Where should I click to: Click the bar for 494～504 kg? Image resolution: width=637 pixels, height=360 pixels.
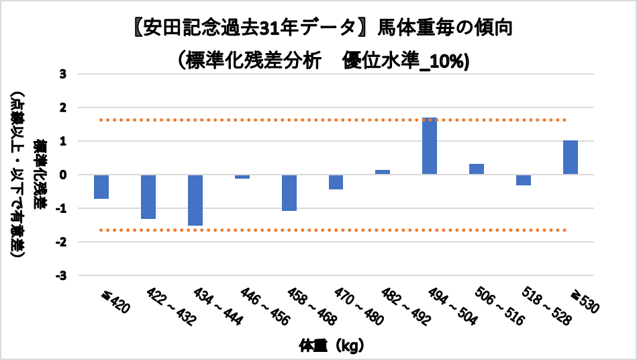pos(430,146)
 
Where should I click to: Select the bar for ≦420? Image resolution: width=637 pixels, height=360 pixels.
pos(101,187)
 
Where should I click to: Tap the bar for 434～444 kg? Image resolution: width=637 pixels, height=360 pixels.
pos(195,200)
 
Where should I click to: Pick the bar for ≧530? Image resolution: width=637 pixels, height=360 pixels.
pos(571,157)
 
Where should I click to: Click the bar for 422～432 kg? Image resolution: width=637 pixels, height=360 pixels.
pos(148,197)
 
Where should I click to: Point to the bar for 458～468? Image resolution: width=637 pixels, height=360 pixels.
pos(289,193)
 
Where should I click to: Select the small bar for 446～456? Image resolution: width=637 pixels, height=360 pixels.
pos(242,177)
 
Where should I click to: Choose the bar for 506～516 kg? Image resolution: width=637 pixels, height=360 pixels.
pos(477,169)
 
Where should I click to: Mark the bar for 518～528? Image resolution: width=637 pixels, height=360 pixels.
pos(524,180)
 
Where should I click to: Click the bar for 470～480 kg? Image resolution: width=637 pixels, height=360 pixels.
pos(336,182)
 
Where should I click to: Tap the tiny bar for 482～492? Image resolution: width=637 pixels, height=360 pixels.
pos(383,172)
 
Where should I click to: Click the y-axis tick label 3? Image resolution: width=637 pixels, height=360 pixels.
pos(63,74)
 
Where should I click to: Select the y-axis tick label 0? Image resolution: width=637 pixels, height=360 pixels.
pos(63,175)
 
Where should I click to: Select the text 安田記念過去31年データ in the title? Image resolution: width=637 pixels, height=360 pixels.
pos(248,28)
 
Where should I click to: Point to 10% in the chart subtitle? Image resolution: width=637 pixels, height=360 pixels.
pos(449,60)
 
